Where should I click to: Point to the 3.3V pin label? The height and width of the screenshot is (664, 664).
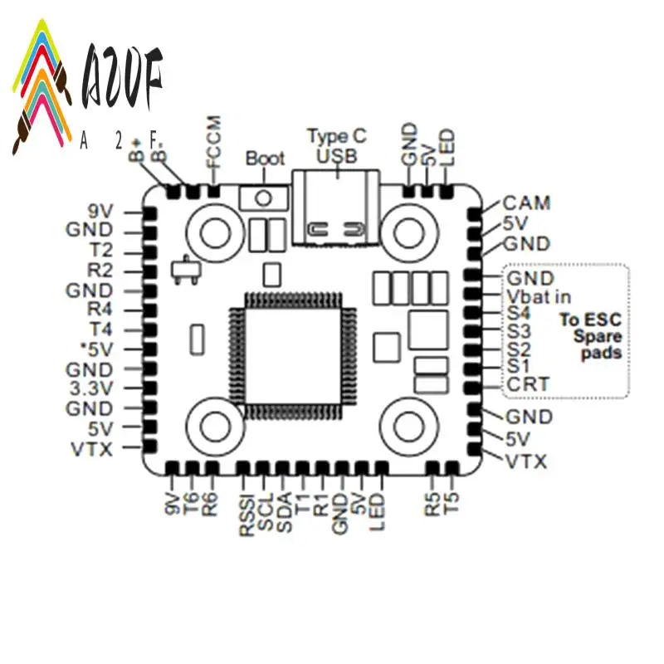(x=90, y=388)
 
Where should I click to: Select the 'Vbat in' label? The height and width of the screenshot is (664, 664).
(x=539, y=296)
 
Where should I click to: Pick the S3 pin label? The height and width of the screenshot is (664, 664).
(x=518, y=330)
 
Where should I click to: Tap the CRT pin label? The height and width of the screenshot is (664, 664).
(x=526, y=384)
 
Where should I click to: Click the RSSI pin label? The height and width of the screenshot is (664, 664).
(x=247, y=514)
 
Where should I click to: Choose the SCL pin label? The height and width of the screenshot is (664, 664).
(x=266, y=510)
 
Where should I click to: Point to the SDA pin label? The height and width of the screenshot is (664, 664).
(x=285, y=510)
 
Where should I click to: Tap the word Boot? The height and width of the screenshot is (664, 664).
(x=265, y=159)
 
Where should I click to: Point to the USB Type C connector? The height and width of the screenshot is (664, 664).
(x=337, y=207)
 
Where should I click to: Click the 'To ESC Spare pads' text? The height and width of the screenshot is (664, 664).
(x=590, y=335)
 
